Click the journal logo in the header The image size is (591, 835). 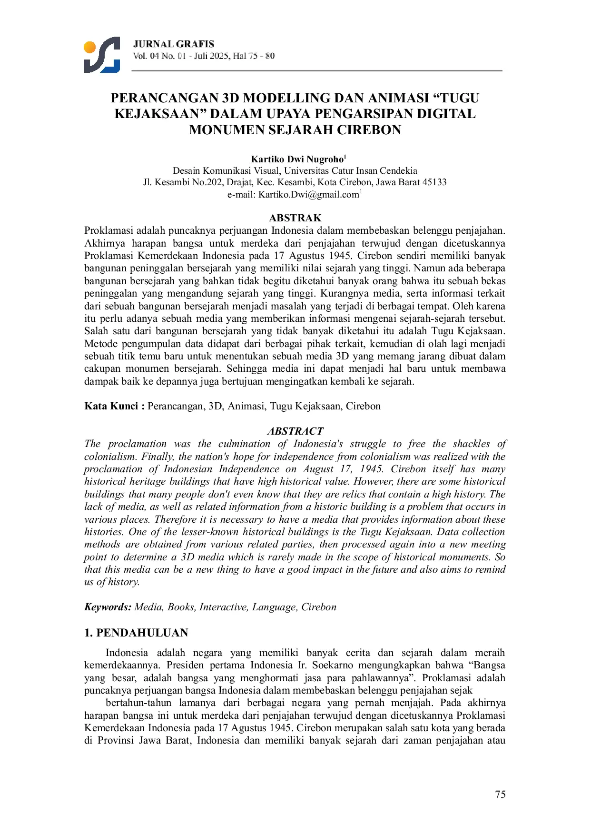click(x=102, y=55)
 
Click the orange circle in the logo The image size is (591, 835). click(x=89, y=47)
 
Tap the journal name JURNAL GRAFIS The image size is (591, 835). click(x=174, y=44)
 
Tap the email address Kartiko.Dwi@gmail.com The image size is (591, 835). click(x=308, y=195)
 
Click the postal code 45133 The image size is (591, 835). click(x=434, y=182)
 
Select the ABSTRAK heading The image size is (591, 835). click(x=295, y=218)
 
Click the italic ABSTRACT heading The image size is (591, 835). click(x=295, y=431)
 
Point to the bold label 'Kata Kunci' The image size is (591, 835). click(x=111, y=406)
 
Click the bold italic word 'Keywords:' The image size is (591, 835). click(x=108, y=607)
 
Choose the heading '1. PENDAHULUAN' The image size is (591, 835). click(x=136, y=633)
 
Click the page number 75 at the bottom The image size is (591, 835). click(x=500, y=794)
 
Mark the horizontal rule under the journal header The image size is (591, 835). click(x=317, y=71)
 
